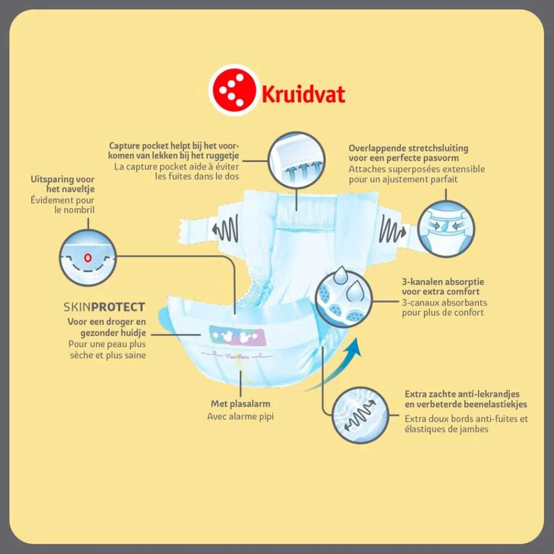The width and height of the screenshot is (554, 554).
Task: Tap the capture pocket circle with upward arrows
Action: (x=297, y=160)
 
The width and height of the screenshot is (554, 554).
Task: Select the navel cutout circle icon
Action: (x=87, y=257)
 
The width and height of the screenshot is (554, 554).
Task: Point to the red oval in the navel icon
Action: (x=87, y=257)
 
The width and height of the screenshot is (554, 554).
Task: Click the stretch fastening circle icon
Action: (x=446, y=229)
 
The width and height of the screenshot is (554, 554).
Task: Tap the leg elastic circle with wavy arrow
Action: (x=361, y=415)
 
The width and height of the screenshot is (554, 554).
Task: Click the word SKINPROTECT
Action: (x=104, y=307)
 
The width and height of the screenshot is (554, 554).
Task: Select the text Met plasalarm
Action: (x=240, y=404)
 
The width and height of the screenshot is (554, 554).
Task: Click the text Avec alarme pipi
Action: (x=240, y=417)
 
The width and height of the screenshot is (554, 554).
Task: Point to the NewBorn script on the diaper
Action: (x=237, y=356)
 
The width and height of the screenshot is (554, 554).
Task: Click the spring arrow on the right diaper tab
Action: (x=393, y=230)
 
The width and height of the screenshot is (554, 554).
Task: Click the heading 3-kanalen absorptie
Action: (x=443, y=282)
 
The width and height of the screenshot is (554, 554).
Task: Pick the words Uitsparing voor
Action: (x=62, y=179)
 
